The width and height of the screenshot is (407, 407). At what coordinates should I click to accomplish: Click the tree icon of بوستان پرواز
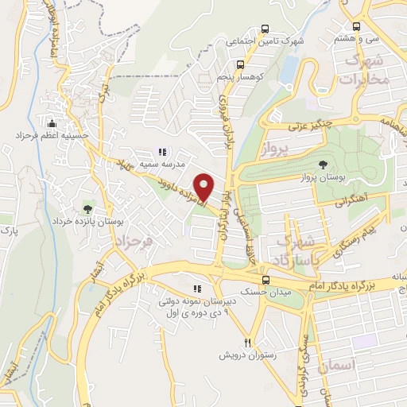(322, 162)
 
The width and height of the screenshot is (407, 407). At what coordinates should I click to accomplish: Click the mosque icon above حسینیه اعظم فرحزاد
(52, 123)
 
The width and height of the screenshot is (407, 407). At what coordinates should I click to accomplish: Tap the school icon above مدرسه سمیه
(163, 152)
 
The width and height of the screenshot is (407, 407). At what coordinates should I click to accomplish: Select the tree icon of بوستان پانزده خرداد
(87, 208)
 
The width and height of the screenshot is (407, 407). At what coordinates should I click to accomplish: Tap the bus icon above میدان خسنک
(267, 280)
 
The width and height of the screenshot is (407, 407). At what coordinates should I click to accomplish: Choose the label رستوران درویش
(248, 355)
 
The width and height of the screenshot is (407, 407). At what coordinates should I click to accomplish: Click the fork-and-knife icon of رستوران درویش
(248, 342)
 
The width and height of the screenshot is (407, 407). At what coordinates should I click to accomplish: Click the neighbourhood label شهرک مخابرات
(366, 70)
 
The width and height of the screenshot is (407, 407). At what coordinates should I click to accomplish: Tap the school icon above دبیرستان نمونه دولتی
(197, 289)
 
